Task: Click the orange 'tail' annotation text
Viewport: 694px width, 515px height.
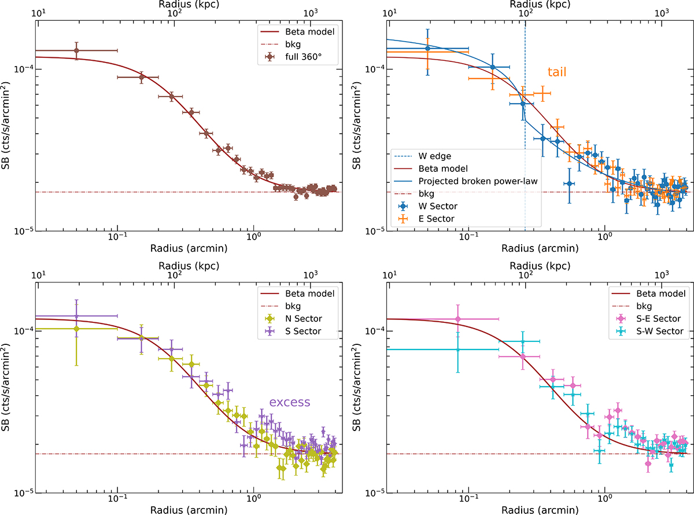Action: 557,72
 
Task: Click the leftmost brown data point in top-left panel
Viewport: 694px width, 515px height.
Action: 76,51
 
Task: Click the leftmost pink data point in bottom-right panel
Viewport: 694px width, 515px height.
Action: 458,319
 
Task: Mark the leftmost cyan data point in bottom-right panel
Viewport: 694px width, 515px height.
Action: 458,350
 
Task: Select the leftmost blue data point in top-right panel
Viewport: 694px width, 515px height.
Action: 427,48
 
